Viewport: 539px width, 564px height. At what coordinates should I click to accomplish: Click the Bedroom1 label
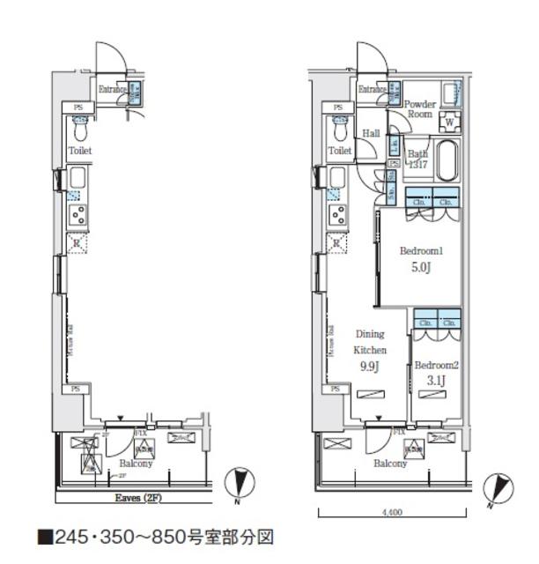click(420, 251)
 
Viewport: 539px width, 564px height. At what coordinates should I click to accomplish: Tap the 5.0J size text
click(420, 268)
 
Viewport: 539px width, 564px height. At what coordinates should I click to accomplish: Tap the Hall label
click(371, 133)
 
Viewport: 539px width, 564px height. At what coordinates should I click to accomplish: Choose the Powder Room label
click(419, 108)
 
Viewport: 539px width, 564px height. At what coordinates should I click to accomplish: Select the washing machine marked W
click(449, 121)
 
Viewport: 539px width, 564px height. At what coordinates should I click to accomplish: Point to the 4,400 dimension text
click(393, 511)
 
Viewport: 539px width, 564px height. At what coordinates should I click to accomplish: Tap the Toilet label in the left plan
click(80, 151)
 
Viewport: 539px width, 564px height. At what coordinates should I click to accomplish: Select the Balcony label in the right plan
click(389, 464)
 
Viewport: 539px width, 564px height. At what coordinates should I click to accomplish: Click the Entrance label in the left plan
click(112, 89)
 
